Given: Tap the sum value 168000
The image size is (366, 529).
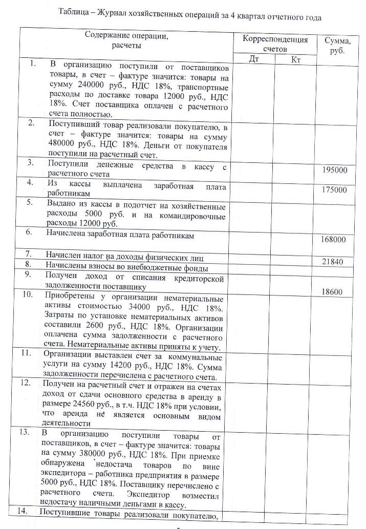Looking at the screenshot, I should coord(333,239).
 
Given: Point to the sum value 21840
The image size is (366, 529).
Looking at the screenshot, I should coord(332,262).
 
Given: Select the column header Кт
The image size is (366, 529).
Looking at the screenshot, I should coord(295,60).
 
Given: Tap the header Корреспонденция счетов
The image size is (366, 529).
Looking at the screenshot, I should coord(275,44).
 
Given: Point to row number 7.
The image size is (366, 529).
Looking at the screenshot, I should coord(32,254).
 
